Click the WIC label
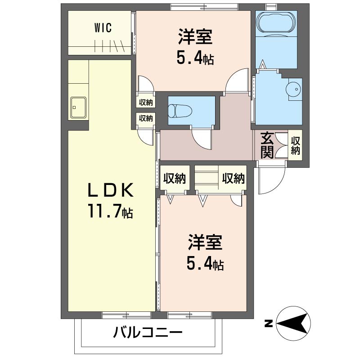[103, 28]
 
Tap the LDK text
[111, 190]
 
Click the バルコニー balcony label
[148, 332]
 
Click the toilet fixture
[180, 111]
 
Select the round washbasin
[293, 89]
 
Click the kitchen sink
[78, 108]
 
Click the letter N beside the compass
[269, 324]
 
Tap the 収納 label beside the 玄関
[295, 145]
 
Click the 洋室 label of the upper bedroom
[195, 36]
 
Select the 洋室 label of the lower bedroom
[205, 242]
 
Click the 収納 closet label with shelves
[233, 178]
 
